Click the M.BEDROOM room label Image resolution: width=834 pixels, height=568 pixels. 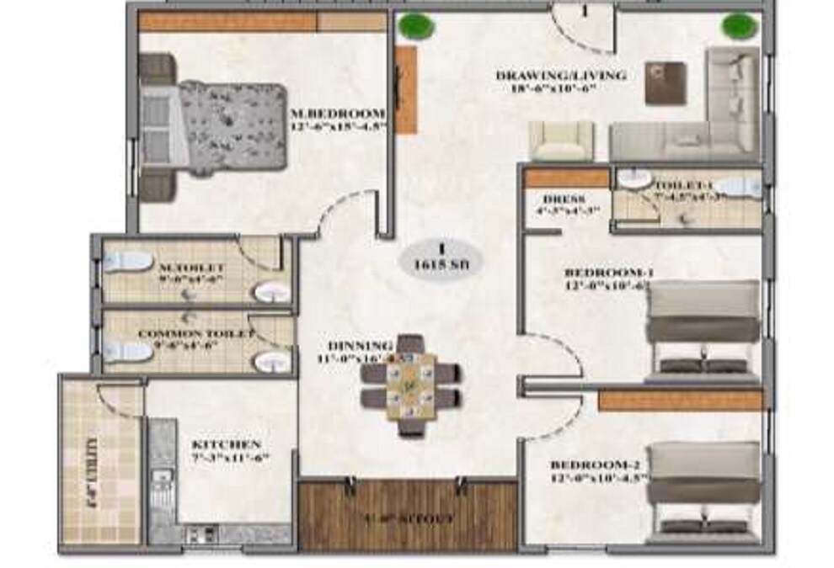[337, 113]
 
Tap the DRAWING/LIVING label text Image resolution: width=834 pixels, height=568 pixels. [560, 76]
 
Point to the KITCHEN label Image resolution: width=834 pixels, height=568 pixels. [227, 443]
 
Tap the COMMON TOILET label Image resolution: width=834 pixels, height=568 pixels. [195, 334]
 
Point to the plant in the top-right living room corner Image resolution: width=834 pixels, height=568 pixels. [736, 25]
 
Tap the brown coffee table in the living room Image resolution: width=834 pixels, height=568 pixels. [665, 82]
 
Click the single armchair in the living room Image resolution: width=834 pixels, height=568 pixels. [561, 141]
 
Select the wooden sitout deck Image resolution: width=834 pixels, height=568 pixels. [408, 515]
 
